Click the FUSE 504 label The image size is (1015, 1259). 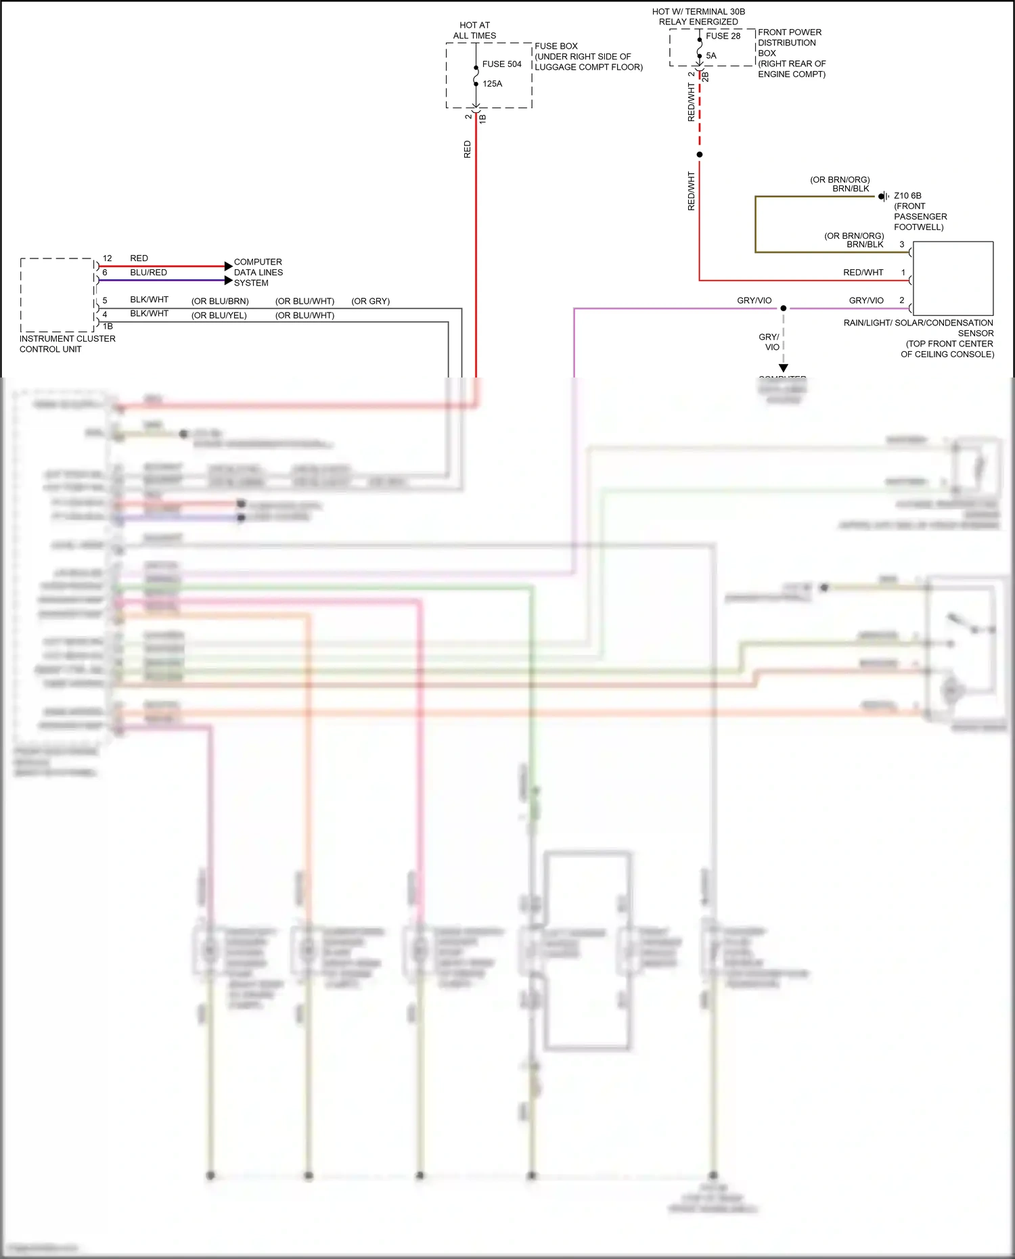[x=501, y=64]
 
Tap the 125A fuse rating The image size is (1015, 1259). [x=492, y=84]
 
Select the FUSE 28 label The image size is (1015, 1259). [x=723, y=36]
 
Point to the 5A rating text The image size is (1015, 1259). [x=711, y=55]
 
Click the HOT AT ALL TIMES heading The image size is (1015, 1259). [x=474, y=30]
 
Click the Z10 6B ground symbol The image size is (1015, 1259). [x=883, y=196]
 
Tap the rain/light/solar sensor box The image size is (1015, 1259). [x=953, y=278]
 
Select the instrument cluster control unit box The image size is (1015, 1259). [x=57, y=295]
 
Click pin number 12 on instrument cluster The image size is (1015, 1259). [x=107, y=258]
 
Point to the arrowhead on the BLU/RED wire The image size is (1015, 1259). [x=228, y=280]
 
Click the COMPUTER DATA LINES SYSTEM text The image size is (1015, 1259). [x=258, y=273]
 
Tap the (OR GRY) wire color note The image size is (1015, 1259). [x=370, y=301]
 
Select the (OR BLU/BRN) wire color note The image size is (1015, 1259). [x=220, y=301]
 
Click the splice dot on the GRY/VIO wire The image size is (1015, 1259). [x=784, y=308]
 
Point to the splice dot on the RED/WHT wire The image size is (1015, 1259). [x=700, y=155]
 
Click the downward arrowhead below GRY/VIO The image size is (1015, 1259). [x=784, y=368]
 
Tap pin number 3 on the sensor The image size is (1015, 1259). [x=901, y=244]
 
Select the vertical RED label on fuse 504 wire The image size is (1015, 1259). [x=467, y=150]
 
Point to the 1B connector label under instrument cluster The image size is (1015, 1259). [x=108, y=326]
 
